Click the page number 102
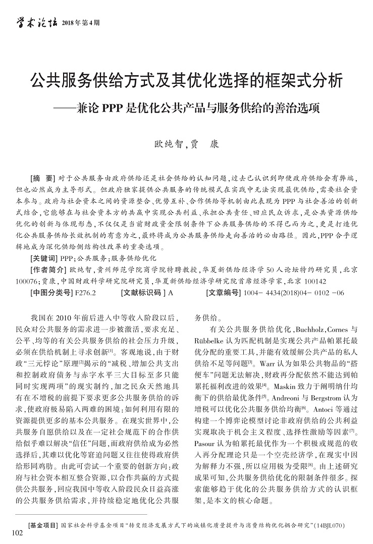17,533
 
